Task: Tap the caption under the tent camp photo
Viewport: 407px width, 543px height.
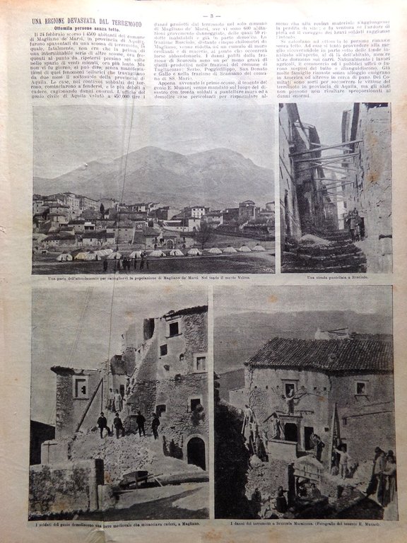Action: [153, 277]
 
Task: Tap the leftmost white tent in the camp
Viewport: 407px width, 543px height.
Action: [64, 257]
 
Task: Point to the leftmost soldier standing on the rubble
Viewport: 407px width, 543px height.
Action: [103, 424]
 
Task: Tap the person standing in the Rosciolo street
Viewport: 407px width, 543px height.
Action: [353, 225]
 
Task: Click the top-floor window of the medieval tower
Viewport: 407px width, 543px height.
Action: [173, 329]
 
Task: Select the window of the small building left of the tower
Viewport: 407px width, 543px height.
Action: [81, 386]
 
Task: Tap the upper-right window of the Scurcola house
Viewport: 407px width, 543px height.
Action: [360, 387]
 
